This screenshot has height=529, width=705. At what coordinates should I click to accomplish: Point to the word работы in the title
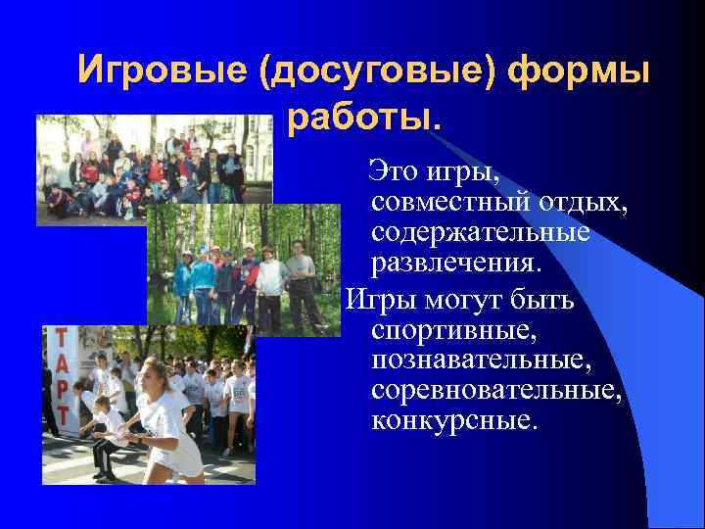pyautogui.click(x=357, y=119)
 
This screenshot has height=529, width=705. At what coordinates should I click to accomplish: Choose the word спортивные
pyautogui.click(x=452, y=330)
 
